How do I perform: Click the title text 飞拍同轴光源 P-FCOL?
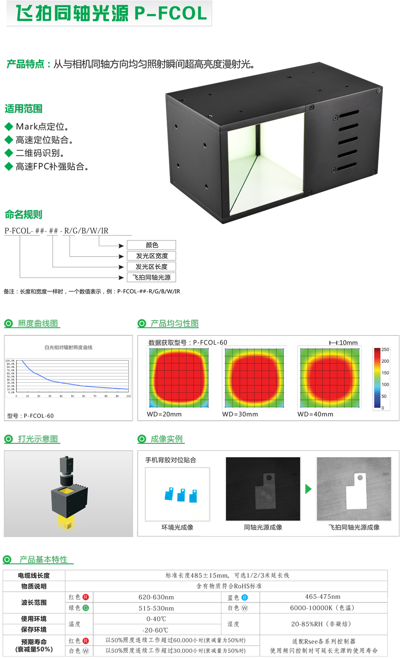(x=111, y=13)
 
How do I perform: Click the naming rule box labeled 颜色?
(x=151, y=245)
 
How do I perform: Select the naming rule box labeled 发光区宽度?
(x=151, y=256)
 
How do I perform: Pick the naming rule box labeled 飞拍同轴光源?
(x=151, y=277)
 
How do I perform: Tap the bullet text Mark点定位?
(x=42, y=127)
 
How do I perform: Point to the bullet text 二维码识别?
(x=40, y=153)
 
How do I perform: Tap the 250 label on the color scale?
(x=385, y=350)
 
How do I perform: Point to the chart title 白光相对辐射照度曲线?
(x=68, y=347)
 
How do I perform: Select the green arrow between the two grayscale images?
(x=308, y=489)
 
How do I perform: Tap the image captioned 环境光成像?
(x=177, y=494)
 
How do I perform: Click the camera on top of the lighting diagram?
(x=67, y=468)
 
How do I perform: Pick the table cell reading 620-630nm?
(x=156, y=597)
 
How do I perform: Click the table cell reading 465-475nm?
(x=323, y=597)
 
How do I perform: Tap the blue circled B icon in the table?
(x=245, y=598)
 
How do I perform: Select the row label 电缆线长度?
(x=34, y=576)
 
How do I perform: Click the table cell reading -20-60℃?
(x=156, y=630)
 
